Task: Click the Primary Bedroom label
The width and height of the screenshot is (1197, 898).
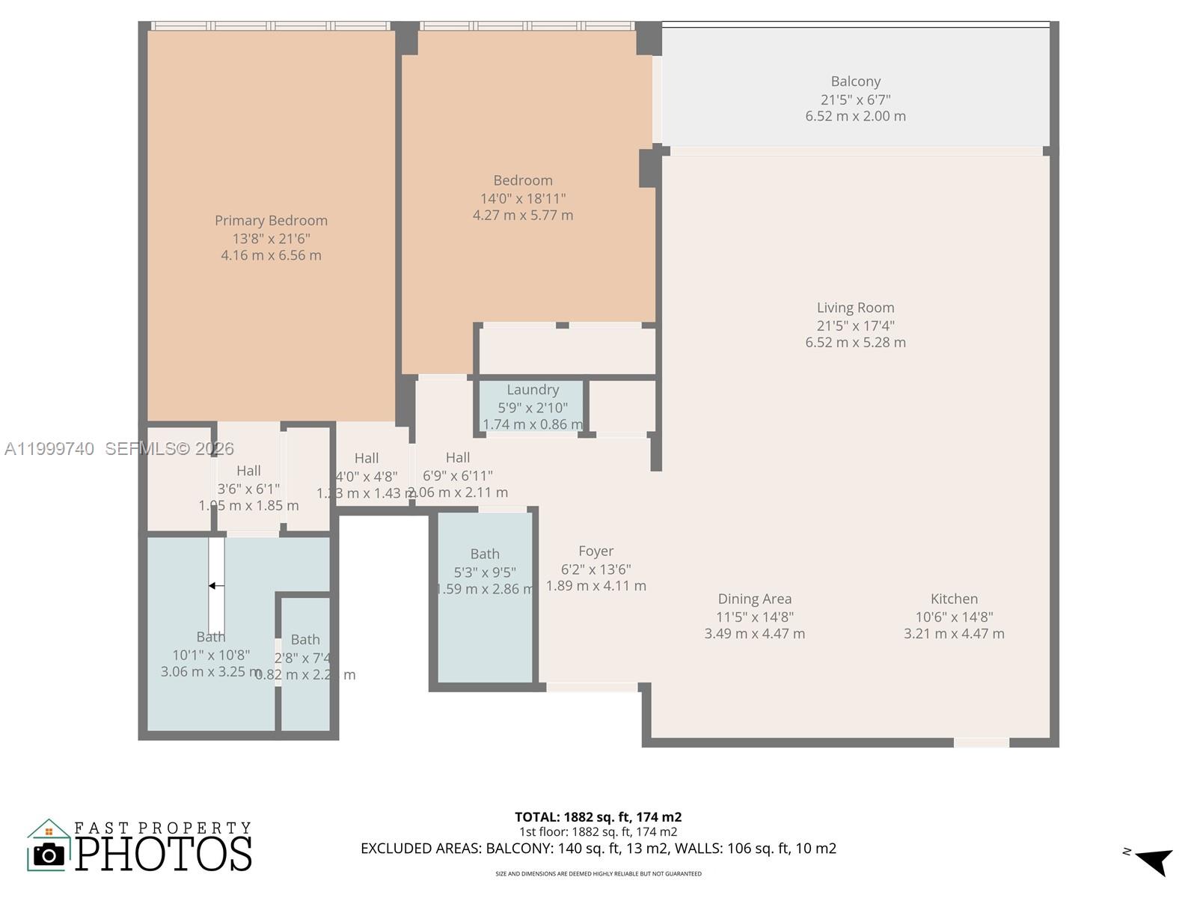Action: (271, 220)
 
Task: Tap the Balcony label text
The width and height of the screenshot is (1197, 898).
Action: (855, 82)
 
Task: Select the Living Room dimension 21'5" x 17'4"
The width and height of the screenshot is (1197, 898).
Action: (855, 326)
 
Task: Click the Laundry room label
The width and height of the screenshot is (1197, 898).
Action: (533, 390)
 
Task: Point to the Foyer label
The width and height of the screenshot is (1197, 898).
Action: (596, 552)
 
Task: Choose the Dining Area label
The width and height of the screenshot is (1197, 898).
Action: (754, 599)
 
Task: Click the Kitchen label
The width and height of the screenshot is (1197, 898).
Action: (954, 599)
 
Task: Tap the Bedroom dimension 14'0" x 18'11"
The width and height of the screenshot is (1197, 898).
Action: (522, 198)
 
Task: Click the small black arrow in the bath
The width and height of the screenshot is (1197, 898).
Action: (215, 586)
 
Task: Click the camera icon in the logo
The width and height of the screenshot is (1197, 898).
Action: (49, 854)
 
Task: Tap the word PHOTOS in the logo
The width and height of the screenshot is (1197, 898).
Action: (164, 854)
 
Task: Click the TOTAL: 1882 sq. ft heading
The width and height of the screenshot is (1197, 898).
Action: (598, 817)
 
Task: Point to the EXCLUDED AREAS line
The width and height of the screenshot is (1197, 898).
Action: (598, 849)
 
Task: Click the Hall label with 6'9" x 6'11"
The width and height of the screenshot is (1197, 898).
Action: (458, 458)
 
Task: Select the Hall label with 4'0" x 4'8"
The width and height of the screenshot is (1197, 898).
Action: (367, 459)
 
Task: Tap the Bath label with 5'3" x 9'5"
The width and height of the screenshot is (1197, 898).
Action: (485, 555)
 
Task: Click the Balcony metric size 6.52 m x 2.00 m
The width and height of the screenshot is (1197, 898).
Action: (855, 116)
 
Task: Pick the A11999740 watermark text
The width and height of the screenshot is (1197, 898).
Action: (49, 449)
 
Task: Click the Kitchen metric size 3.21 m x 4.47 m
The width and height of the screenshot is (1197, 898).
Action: (954, 634)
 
